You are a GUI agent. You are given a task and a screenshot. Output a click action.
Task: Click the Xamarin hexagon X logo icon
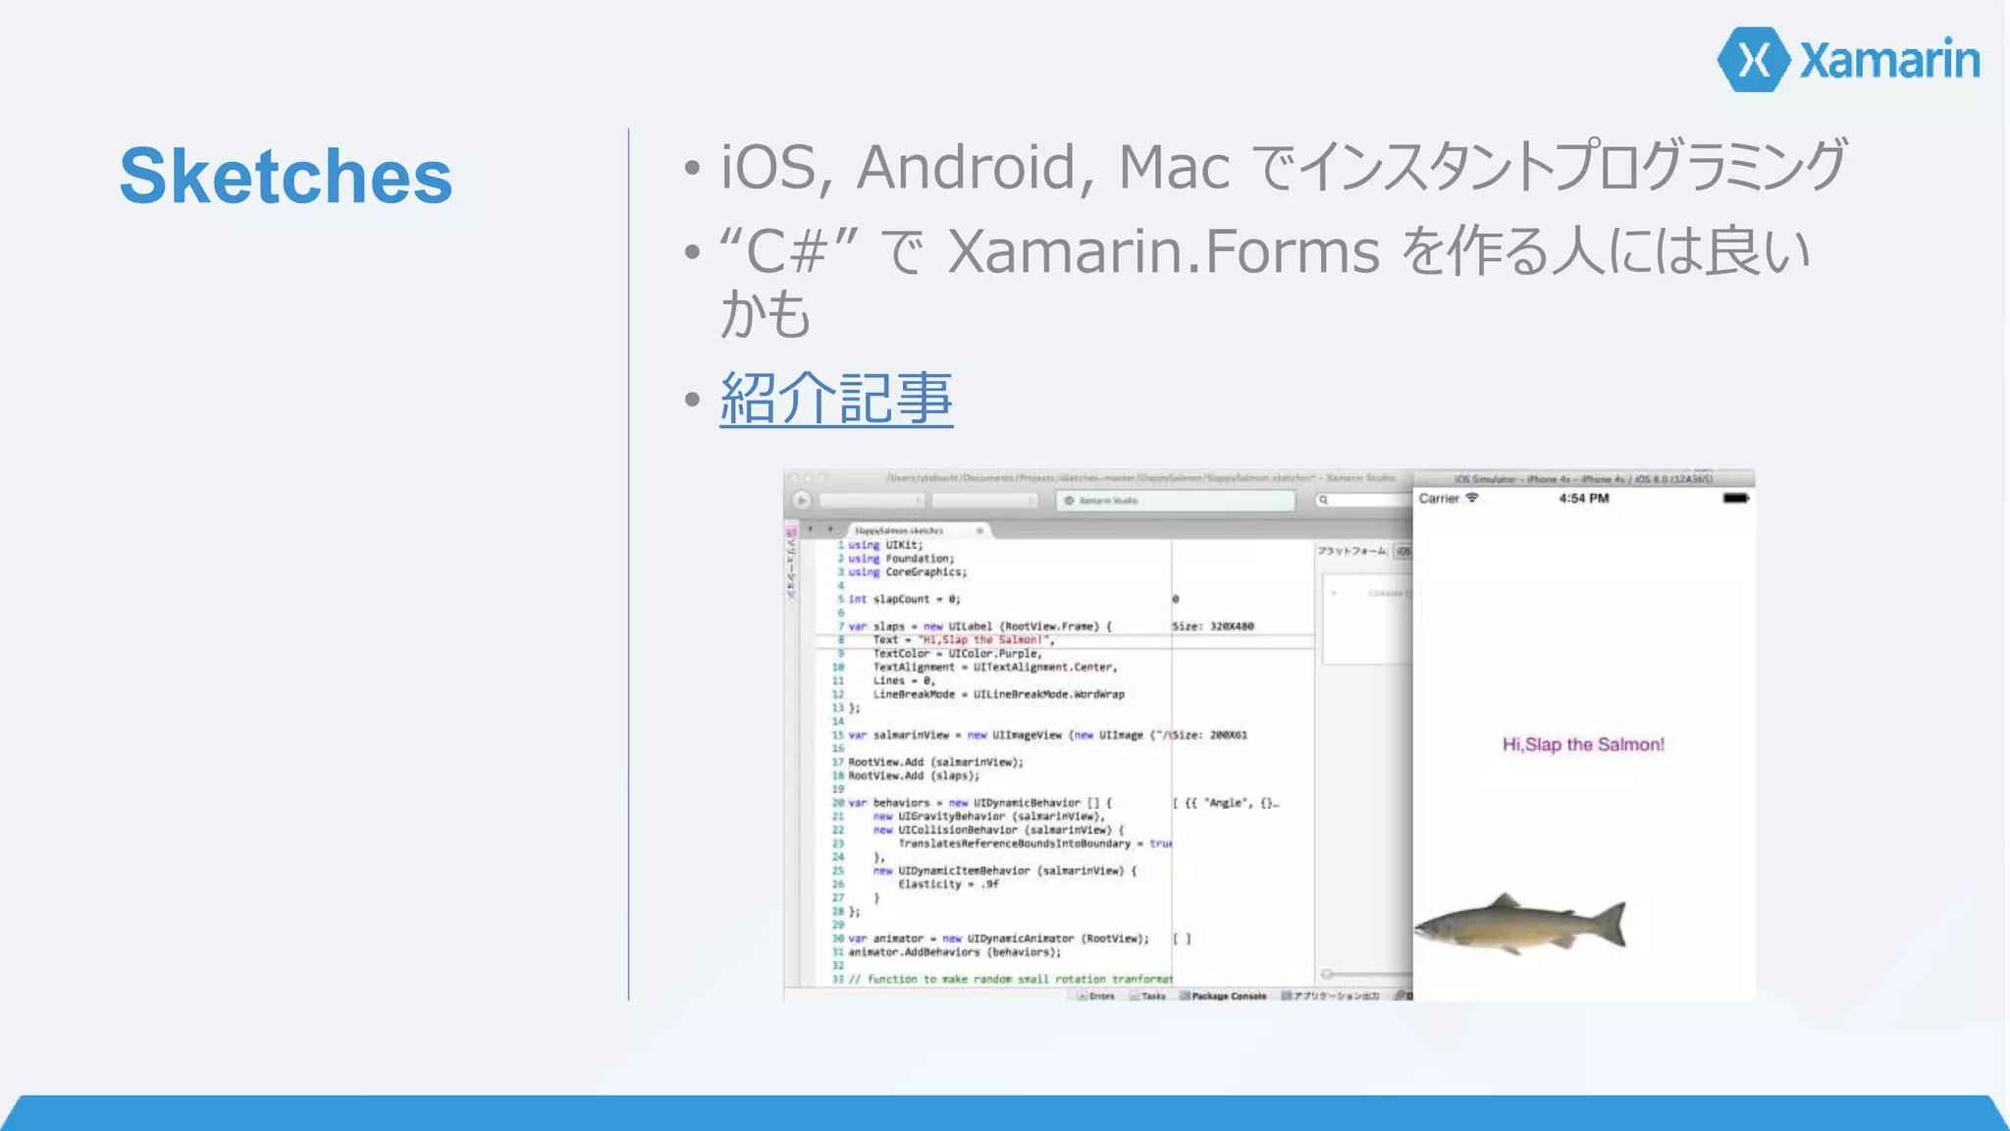click(x=1754, y=60)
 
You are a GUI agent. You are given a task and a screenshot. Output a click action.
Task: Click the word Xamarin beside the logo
click(x=1889, y=61)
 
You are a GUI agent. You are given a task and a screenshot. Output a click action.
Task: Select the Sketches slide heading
click(x=286, y=177)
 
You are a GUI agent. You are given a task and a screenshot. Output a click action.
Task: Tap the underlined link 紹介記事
click(x=836, y=399)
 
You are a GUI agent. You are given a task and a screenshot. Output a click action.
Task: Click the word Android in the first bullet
click(x=976, y=167)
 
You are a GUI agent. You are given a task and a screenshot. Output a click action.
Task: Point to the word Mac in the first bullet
click(x=1174, y=167)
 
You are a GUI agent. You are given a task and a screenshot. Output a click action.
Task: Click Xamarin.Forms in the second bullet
click(x=1164, y=251)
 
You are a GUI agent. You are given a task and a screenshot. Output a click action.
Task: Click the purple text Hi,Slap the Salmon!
click(x=1583, y=745)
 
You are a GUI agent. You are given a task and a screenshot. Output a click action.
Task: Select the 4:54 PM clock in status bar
click(x=1583, y=499)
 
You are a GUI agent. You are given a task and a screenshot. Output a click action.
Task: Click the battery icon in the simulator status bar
click(x=1735, y=499)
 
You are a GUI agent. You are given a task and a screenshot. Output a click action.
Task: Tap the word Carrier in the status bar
click(x=1439, y=499)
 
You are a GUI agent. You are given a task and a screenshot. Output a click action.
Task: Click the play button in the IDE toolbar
click(x=802, y=501)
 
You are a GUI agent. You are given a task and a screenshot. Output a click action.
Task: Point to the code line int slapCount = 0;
click(x=904, y=599)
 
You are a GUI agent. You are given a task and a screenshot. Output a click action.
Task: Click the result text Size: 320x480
click(x=1213, y=626)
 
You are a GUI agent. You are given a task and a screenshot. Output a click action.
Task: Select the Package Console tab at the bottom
click(x=1228, y=996)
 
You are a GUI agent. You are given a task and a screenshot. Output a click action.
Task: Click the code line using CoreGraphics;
click(x=907, y=572)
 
